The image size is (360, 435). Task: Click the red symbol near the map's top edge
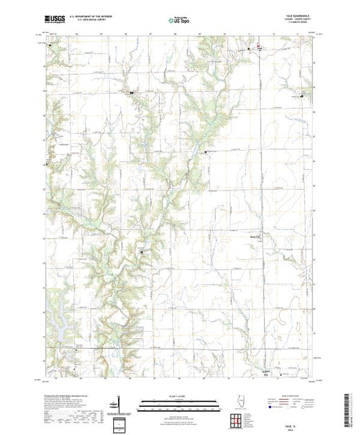pos(258,49)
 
